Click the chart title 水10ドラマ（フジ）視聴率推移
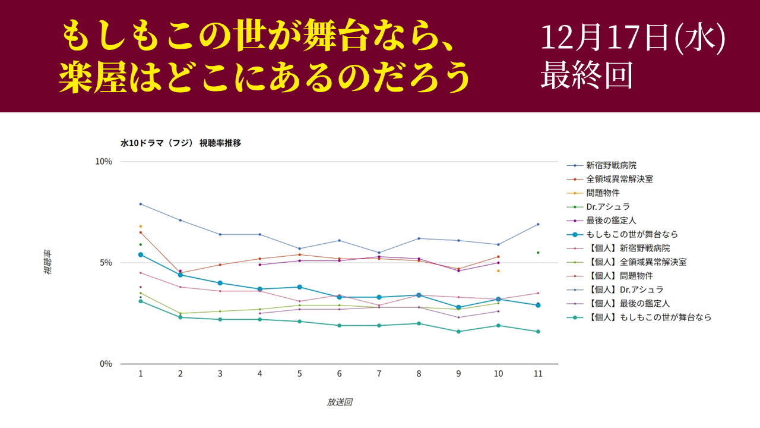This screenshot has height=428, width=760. tap(180, 143)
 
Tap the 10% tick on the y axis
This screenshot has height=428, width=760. tap(104, 162)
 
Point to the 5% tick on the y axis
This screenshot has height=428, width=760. tap(106, 263)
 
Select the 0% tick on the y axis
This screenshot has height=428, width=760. tap(106, 364)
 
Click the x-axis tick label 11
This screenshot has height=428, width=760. tap(538, 374)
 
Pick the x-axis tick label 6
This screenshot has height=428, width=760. tap(339, 374)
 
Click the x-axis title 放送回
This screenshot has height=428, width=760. tap(339, 402)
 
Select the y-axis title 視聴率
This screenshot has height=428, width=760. tap(47, 262)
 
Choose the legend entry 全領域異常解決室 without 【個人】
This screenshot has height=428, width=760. tap(619, 179)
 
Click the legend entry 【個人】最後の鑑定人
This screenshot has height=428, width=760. tap(632, 304)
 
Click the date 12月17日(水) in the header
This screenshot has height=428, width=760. tap(633, 39)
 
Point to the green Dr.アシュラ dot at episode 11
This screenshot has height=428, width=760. tap(538, 253)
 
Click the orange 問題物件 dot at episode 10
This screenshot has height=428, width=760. tap(498, 271)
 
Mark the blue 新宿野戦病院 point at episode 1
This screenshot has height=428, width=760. tap(141, 204)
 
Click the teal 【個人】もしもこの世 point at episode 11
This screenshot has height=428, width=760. tap(538, 332)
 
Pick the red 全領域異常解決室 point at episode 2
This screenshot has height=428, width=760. tap(180, 273)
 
